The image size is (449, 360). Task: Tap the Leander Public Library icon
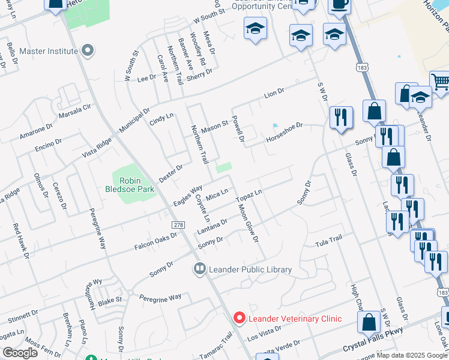click(199, 269)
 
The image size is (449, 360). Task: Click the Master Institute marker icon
click(88, 51)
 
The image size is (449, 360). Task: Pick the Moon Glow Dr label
click(247, 223)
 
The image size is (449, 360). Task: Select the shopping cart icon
click(441, 82)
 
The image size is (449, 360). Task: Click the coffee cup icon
click(340, 5)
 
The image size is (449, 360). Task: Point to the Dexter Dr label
click(170, 173)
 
